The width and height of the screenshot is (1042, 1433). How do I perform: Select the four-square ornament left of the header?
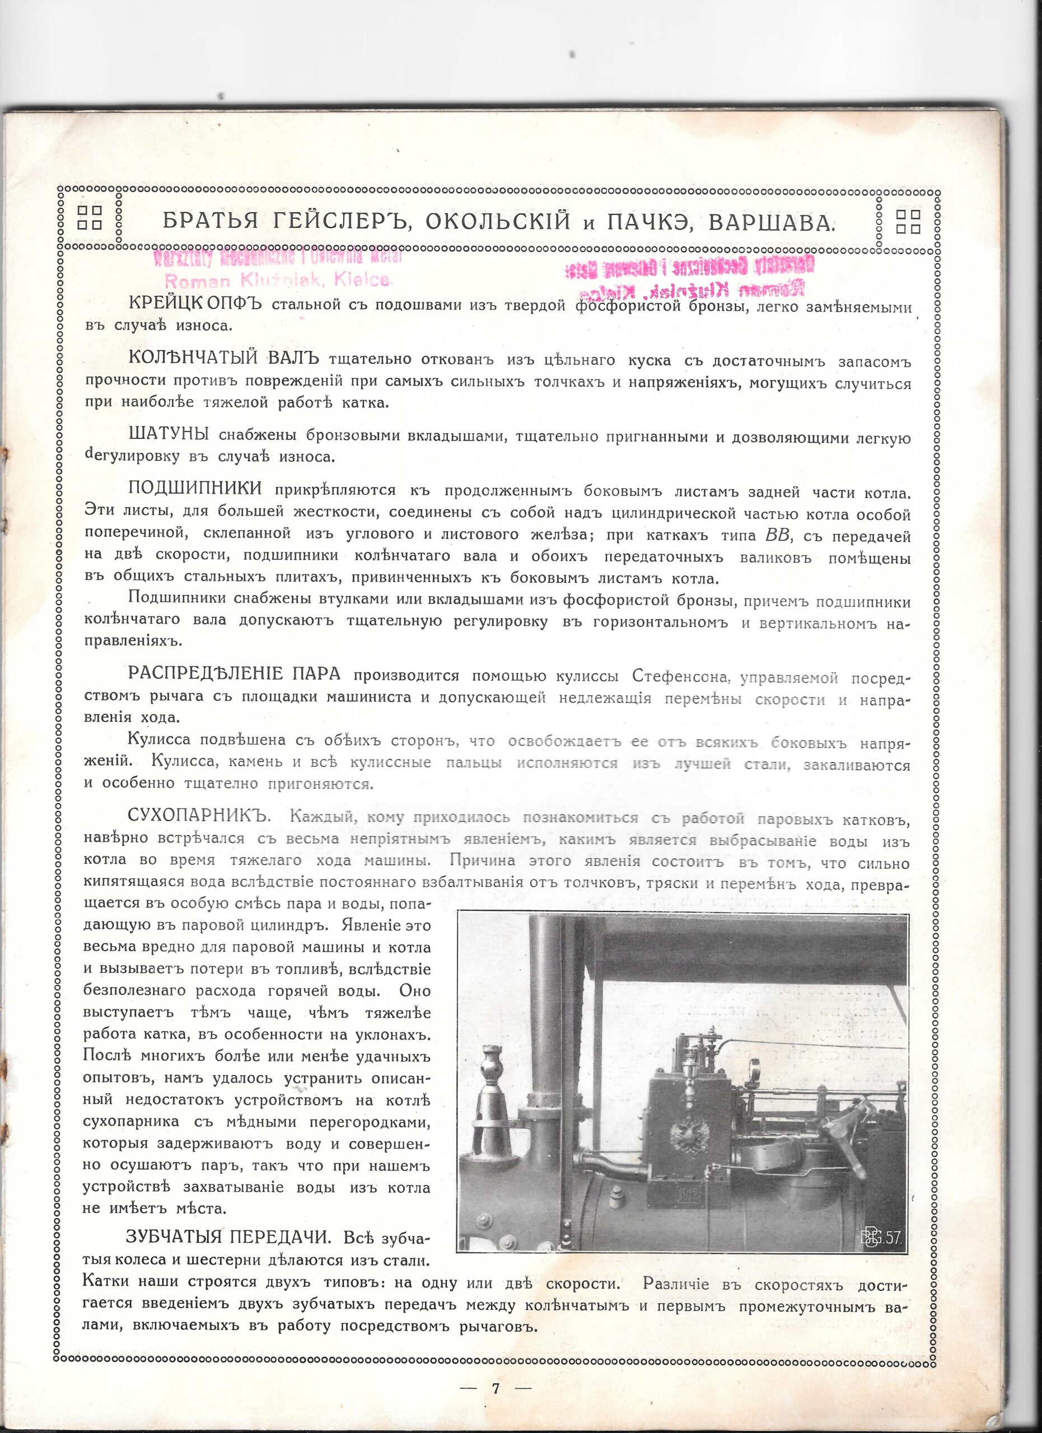(x=90, y=217)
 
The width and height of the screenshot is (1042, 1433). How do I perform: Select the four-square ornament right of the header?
(x=909, y=217)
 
